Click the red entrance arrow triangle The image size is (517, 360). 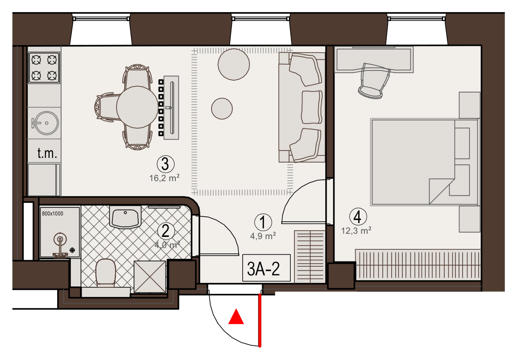(236, 317)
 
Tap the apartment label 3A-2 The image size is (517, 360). (264, 269)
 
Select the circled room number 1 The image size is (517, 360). (263, 222)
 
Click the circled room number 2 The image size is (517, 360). (165, 231)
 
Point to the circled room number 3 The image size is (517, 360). (165, 164)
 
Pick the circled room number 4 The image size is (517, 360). (358, 217)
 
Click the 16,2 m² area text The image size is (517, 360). (164, 178)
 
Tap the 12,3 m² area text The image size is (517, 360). (356, 231)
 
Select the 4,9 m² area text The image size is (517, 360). (263, 236)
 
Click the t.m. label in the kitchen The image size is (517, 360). (47, 153)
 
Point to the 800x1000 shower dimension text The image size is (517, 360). (53, 214)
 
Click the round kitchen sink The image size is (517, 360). (46, 123)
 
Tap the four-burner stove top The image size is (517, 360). (44, 67)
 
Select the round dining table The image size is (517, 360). (137, 107)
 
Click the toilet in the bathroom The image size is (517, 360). (106, 273)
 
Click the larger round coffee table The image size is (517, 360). (233, 64)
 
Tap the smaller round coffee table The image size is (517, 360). (222, 108)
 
